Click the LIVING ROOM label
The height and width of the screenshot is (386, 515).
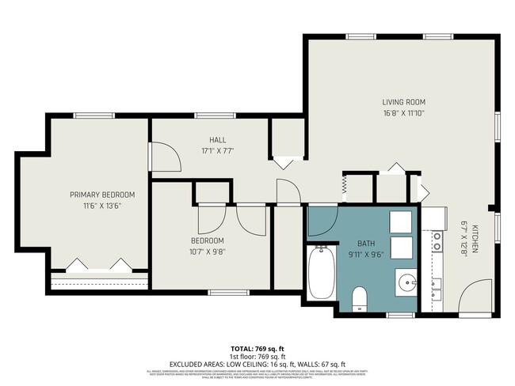click(x=404, y=102)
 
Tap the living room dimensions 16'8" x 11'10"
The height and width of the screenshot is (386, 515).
click(x=404, y=113)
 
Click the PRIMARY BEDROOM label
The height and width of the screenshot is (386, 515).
click(x=102, y=195)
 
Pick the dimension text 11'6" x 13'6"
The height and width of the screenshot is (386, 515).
click(x=102, y=206)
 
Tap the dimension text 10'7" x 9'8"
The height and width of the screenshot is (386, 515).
click(x=208, y=252)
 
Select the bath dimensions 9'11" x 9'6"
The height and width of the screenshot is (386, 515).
click(x=365, y=255)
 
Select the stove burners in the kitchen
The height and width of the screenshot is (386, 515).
click(x=436, y=240)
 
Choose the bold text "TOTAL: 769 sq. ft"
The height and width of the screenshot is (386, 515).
click(x=257, y=348)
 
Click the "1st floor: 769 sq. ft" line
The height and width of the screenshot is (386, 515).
click(x=257, y=356)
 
